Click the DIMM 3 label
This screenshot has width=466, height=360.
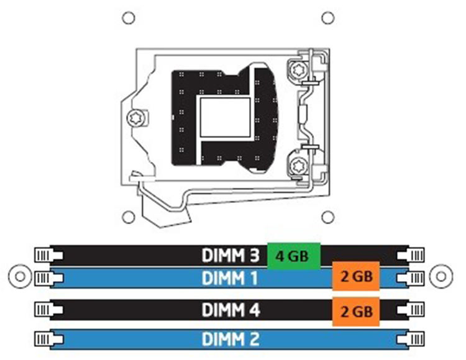(231, 255)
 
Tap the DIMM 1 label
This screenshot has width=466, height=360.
(230, 278)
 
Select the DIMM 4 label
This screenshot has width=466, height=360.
(231, 310)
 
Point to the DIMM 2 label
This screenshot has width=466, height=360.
(231, 339)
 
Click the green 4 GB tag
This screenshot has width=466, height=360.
(294, 256)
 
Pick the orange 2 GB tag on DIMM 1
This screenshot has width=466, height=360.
(356, 276)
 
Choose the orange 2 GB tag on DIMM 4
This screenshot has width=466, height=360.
(356, 312)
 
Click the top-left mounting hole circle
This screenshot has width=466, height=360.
(129, 18)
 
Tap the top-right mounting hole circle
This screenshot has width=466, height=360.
(328, 18)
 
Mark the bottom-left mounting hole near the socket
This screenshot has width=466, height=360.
(129, 217)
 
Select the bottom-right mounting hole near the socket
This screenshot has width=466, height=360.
(328, 217)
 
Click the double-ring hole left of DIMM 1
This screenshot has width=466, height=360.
(20, 277)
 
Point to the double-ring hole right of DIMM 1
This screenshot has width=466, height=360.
(441, 277)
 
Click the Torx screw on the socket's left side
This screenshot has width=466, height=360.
(137, 118)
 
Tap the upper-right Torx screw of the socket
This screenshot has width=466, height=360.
(297, 70)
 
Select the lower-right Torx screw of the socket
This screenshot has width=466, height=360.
(297, 166)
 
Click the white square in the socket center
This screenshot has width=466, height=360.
(226, 117)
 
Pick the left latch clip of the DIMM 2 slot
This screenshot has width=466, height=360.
(48, 339)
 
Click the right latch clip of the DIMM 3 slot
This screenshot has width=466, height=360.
(411, 255)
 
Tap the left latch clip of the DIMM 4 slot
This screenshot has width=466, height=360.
(48, 310)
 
